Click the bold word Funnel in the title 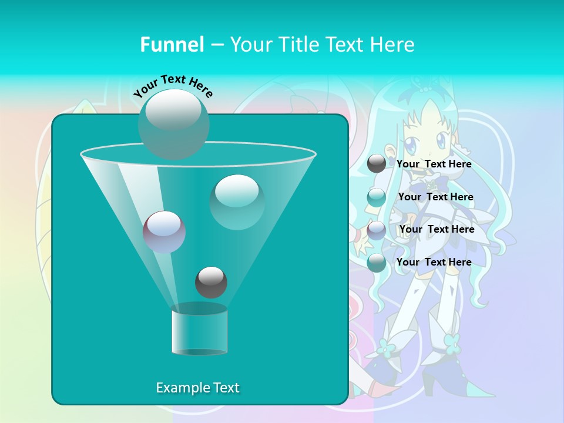(172, 45)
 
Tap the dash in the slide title (216, 45)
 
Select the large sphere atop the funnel (173, 123)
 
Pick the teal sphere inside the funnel (237, 202)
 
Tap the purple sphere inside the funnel (164, 231)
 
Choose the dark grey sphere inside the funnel (211, 282)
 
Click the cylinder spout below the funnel (199, 330)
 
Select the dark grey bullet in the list (377, 164)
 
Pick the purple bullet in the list (377, 230)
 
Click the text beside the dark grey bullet (434, 164)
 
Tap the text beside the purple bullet (437, 230)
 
